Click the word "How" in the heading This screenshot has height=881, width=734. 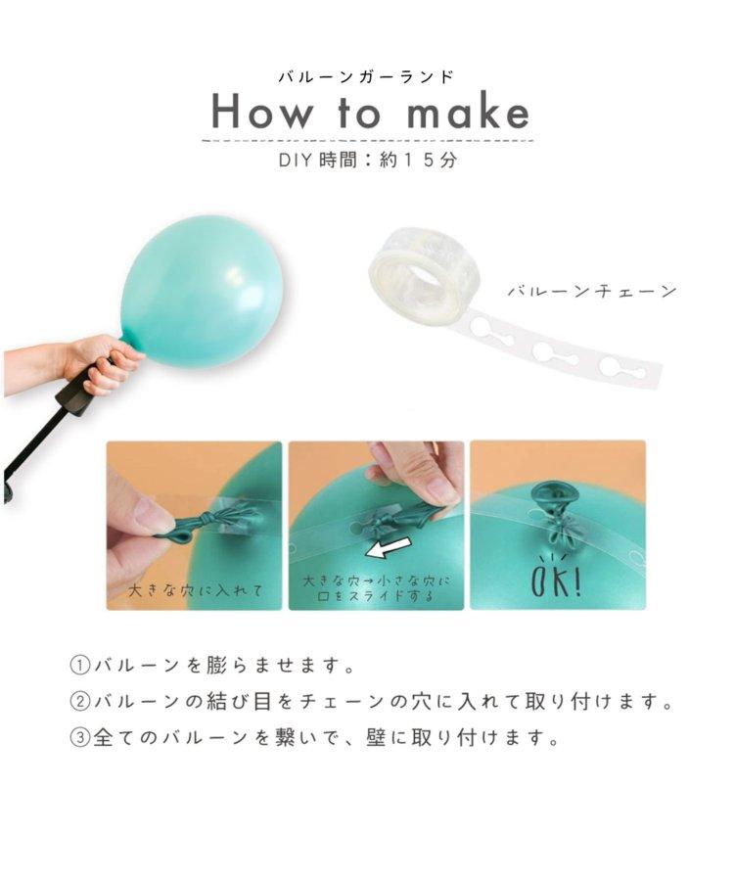click(261, 113)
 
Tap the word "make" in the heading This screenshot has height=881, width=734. click(469, 112)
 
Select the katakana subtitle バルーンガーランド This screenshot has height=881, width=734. click(366, 76)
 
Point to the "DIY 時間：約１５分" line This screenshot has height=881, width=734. click(368, 161)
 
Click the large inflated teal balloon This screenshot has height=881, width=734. click(200, 291)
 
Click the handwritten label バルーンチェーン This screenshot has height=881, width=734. click(592, 292)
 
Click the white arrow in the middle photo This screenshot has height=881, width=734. click(390, 546)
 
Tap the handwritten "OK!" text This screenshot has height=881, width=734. click(556, 579)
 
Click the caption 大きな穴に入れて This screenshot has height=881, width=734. click(196, 590)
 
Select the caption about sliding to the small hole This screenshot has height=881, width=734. click(376, 587)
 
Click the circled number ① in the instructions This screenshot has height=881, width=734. click(80, 666)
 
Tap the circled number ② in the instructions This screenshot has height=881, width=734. click(80, 701)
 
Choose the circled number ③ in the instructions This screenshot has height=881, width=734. click(80, 737)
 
